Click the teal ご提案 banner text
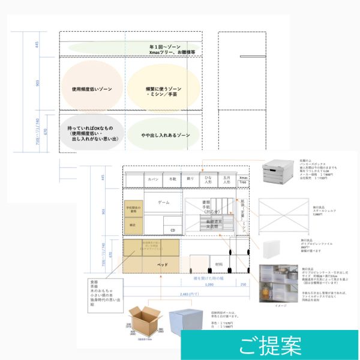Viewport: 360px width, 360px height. tap(270, 347)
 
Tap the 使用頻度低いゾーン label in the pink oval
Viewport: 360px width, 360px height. tap(92, 89)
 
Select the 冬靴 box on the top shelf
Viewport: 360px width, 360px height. tap(173, 179)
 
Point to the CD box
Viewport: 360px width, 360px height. tap(172, 229)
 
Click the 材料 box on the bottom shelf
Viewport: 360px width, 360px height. tap(216, 264)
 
